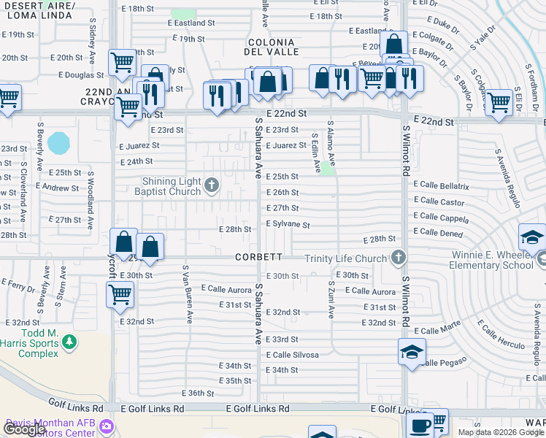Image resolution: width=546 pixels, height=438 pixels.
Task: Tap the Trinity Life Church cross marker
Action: tap(398, 257)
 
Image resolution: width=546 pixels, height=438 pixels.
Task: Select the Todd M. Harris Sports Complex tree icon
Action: tap(69, 341)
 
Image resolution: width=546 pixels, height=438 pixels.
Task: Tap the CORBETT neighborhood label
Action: tap(258, 257)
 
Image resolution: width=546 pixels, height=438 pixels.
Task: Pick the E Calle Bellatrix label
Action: tap(440, 187)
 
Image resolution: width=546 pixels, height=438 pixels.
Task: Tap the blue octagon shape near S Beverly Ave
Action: tap(58, 142)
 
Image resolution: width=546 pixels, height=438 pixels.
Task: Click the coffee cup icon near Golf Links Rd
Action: tap(420, 426)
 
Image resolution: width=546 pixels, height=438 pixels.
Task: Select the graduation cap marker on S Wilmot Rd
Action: tap(412, 352)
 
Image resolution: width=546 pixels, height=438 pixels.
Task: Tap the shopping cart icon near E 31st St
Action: tap(120, 295)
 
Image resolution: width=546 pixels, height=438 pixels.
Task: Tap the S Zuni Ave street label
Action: tap(331, 300)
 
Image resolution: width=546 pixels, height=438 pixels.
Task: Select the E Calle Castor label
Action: tap(438, 202)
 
